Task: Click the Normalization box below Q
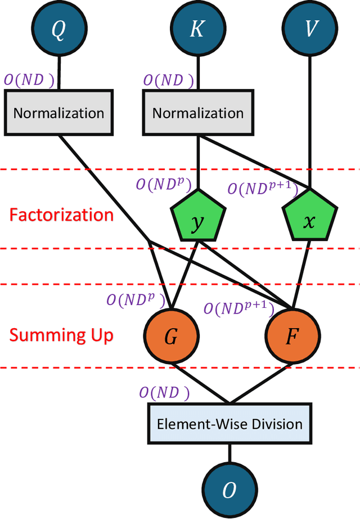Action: (x=58, y=113)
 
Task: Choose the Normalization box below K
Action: (x=197, y=113)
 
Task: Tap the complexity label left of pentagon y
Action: (x=164, y=185)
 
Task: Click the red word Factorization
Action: (x=61, y=215)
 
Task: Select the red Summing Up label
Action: (x=61, y=335)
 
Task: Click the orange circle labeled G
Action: (x=171, y=338)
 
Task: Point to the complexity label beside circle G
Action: (x=135, y=299)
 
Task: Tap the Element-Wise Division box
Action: (x=229, y=423)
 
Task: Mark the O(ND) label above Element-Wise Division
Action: (x=165, y=393)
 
